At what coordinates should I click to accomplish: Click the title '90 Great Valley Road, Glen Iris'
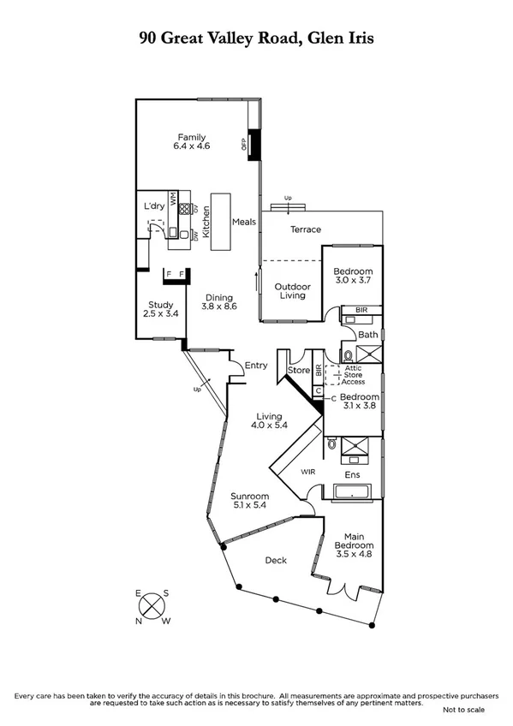[x=256, y=38]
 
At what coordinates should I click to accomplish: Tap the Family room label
[x=192, y=137]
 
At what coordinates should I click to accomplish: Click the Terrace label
[x=305, y=229]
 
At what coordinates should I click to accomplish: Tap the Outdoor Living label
[x=290, y=291]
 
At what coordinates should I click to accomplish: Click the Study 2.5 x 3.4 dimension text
[x=160, y=314]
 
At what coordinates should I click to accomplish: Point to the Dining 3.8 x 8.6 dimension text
[x=219, y=306]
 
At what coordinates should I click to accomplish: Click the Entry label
[x=256, y=366]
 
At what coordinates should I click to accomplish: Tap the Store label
[x=298, y=371]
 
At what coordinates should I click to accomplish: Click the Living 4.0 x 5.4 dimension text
[x=266, y=425]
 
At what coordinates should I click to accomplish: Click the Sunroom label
[x=250, y=497]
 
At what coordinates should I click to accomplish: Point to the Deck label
[x=275, y=560]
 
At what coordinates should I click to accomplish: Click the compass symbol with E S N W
[x=152, y=607]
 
